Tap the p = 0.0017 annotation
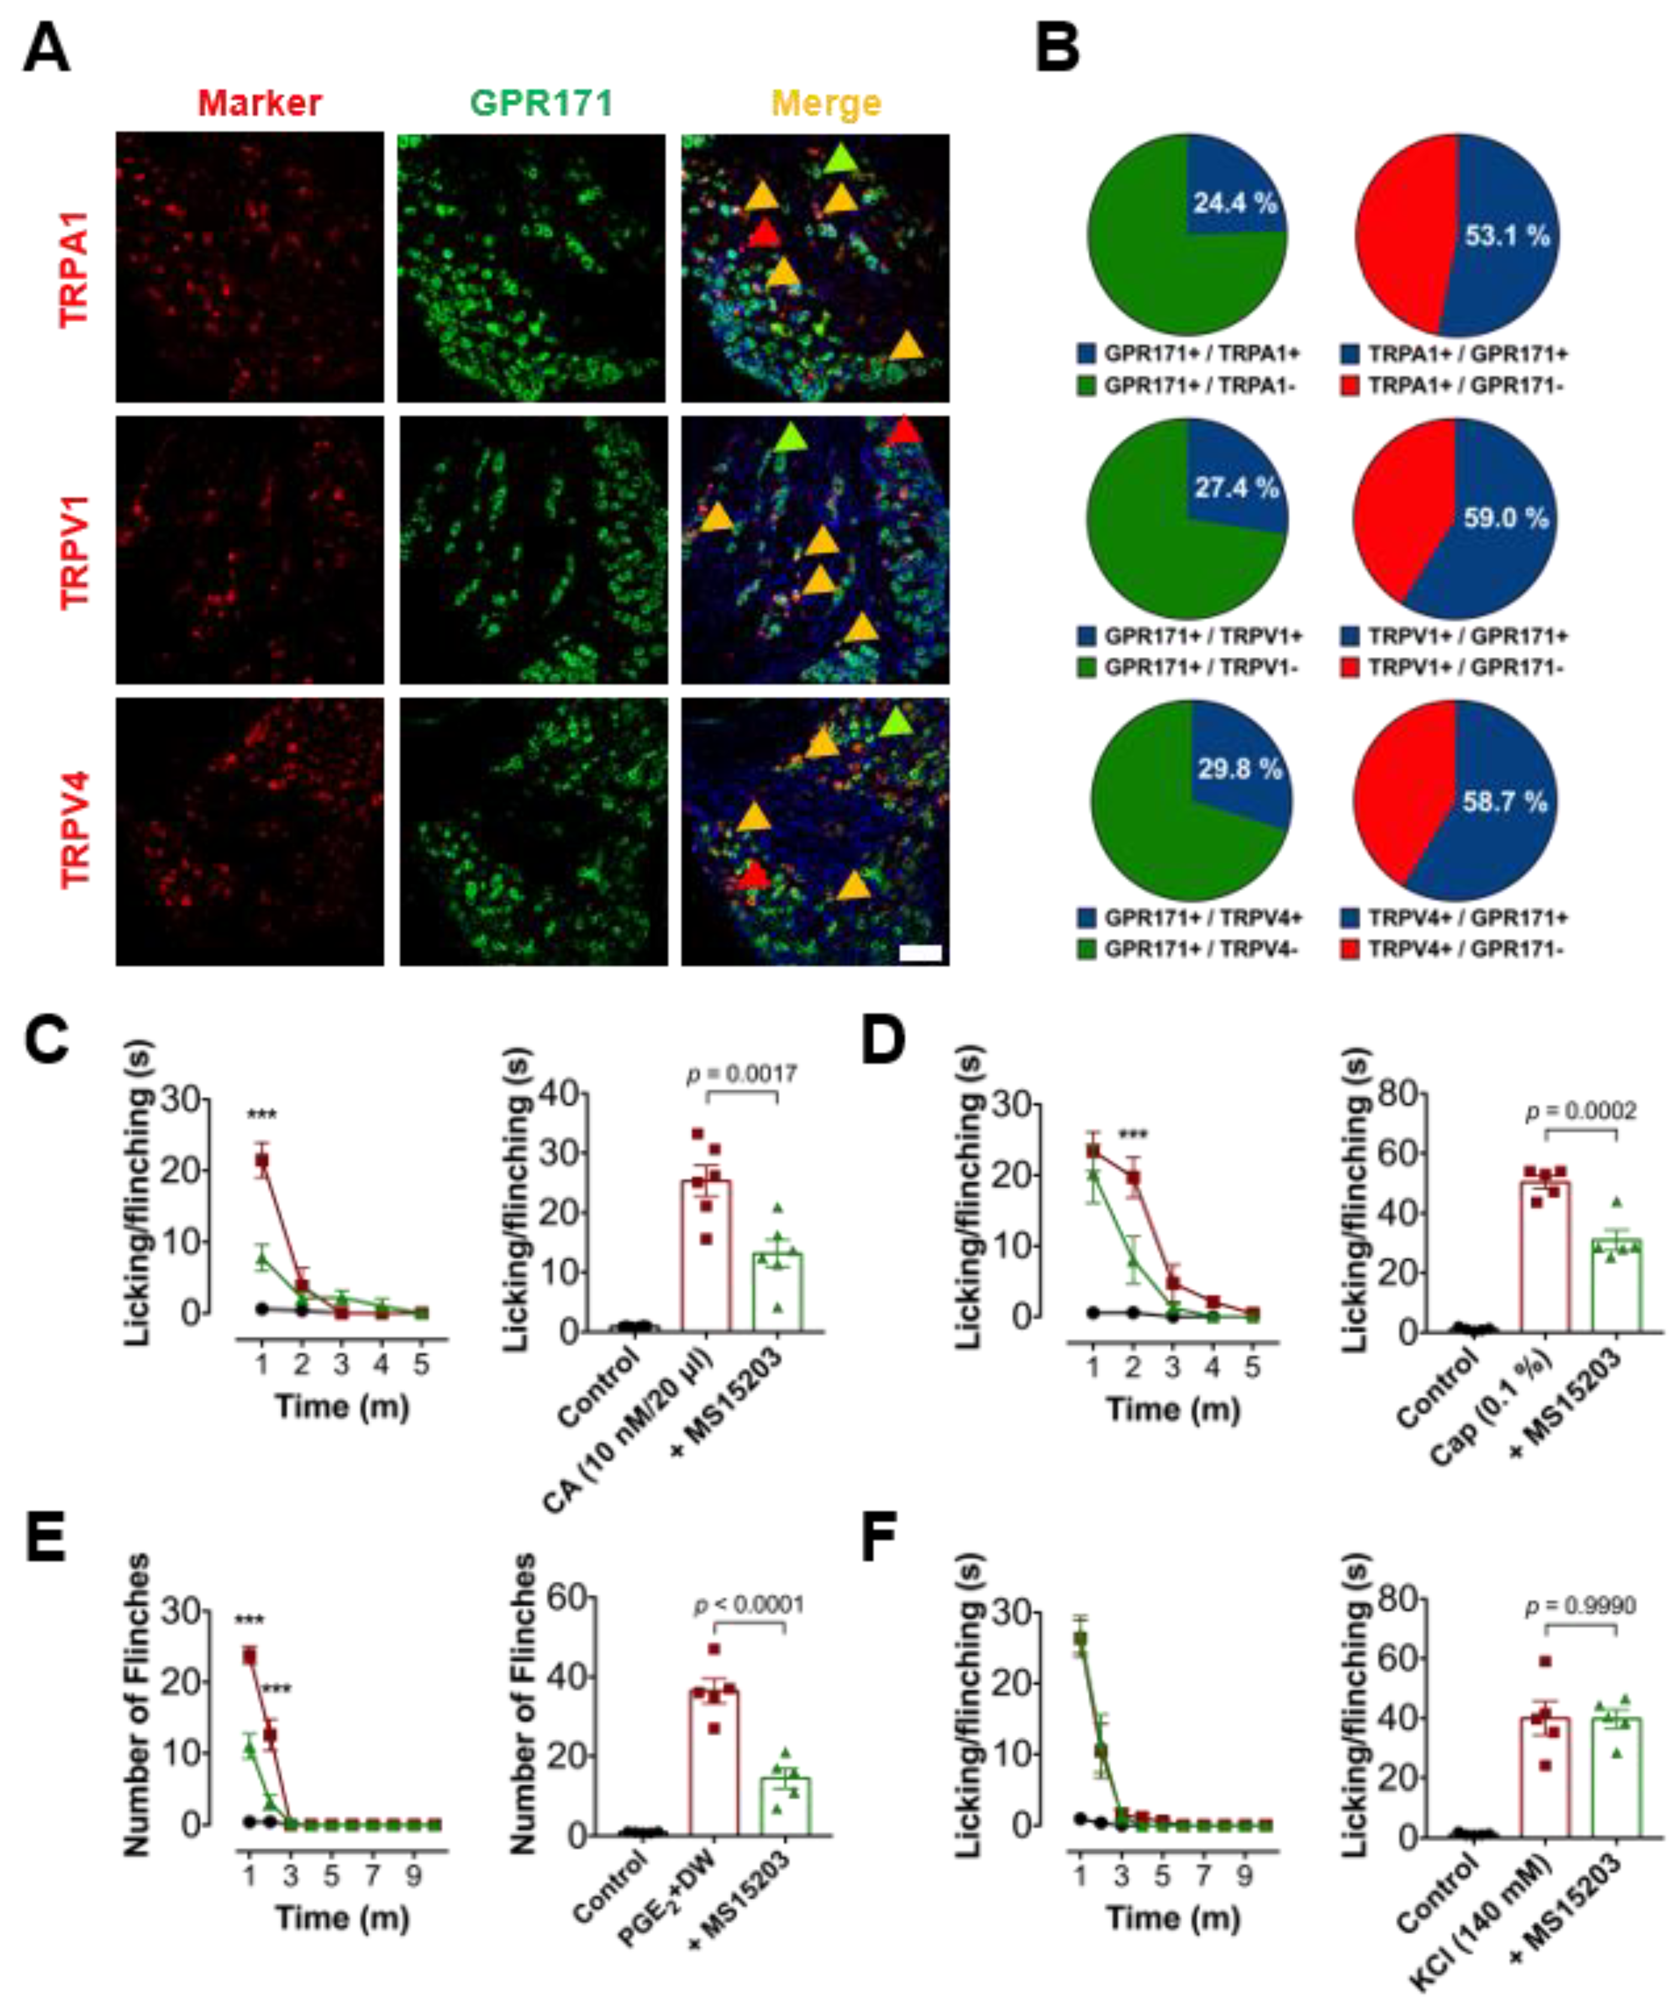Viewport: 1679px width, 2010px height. [x=742, y=1074]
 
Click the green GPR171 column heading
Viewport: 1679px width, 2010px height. [x=541, y=104]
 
